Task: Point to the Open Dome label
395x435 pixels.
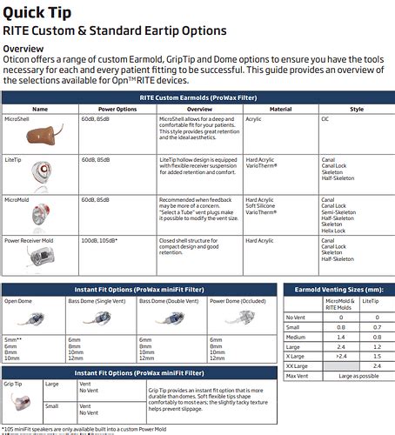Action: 20,301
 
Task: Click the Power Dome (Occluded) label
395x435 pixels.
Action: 239,301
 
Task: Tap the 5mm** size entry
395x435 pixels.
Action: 14,338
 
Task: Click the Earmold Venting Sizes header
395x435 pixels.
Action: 337,291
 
